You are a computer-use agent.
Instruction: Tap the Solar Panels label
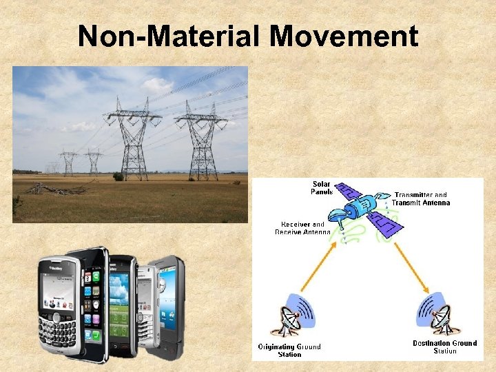click(x=322, y=187)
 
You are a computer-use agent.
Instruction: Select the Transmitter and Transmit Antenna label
click(x=421, y=199)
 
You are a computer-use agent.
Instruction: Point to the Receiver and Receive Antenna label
click(x=302, y=228)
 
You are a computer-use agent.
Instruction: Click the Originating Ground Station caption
click(x=289, y=350)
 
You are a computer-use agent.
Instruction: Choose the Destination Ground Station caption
click(x=444, y=347)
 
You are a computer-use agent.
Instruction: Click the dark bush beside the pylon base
click(x=118, y=176)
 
